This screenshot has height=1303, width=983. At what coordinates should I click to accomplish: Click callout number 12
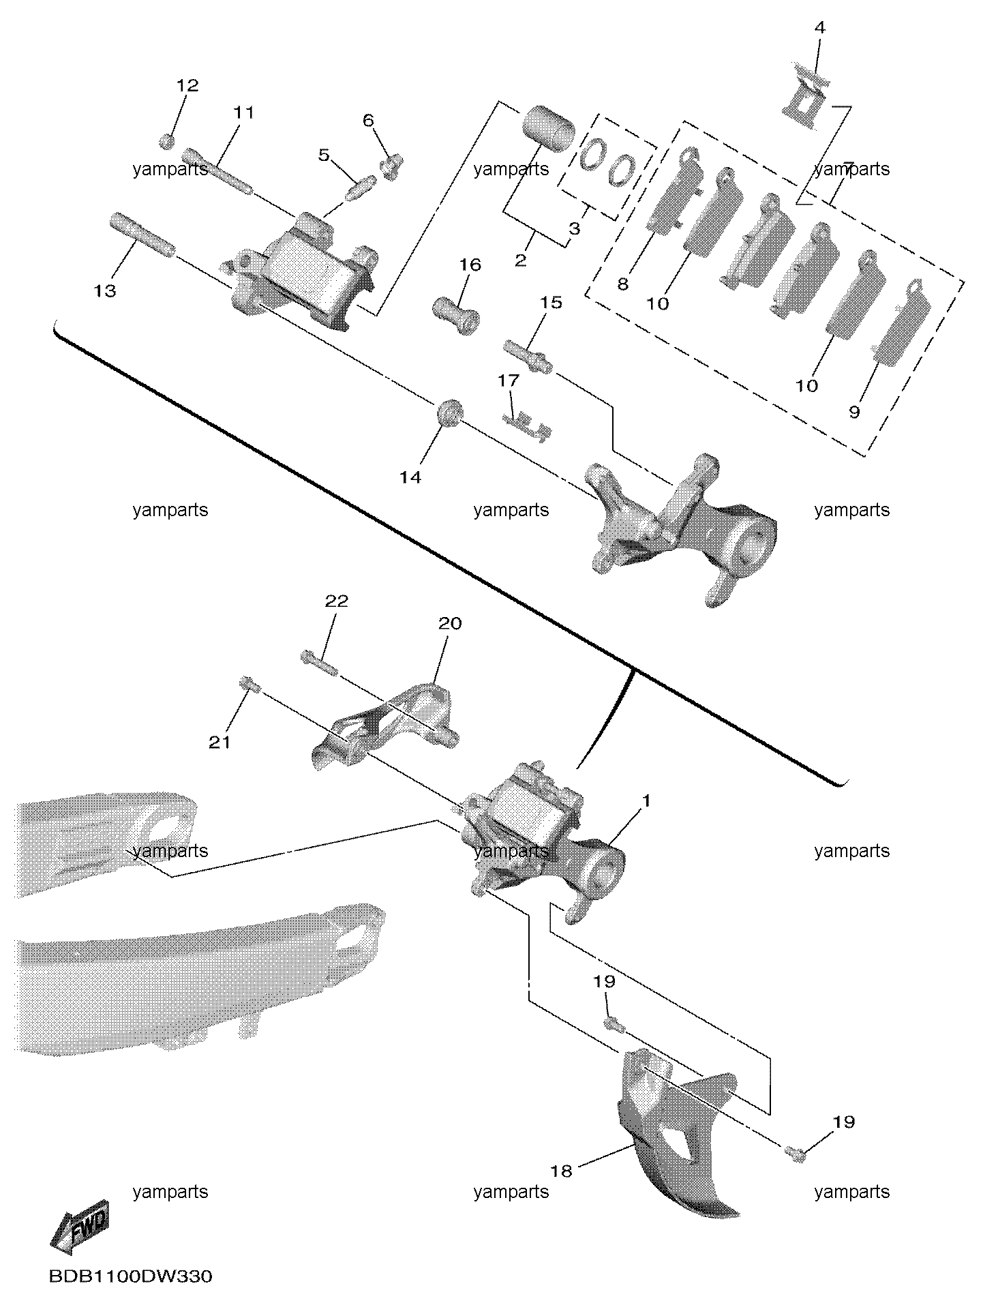click(187, 85)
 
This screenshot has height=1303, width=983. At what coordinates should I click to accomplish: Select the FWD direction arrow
click(80, 1227)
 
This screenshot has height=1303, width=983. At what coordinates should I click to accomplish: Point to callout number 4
click(820, 28)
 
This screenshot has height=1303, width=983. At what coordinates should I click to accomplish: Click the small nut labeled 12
click(167, 142)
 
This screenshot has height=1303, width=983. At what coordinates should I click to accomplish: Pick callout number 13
click(105, 291)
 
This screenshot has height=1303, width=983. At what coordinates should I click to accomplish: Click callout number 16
click(470, 265)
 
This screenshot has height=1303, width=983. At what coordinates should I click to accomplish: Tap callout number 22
click(337, 601)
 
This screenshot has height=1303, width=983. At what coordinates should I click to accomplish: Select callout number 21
click(220, 743)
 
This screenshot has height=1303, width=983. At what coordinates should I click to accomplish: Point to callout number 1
click(647, 800)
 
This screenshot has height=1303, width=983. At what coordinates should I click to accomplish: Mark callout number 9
click(854, 412)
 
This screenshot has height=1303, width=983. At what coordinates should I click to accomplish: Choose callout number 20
click(450, 623)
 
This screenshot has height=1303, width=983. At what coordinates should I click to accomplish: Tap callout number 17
click(509, 380)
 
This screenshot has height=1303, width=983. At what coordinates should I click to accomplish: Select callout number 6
click(368, 121)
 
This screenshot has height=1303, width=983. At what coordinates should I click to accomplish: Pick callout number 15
click(551, 302)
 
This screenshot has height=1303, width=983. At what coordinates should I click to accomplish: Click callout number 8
click(622, 284)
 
